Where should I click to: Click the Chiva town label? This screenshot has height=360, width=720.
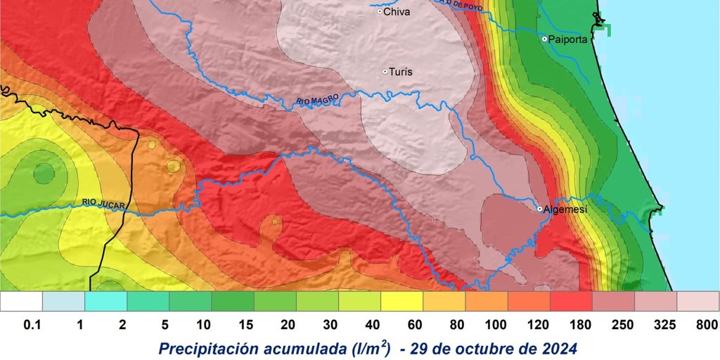pos(397,11)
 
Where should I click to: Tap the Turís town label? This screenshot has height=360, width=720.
pos(400,72)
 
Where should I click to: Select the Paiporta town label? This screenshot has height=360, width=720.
pos(568,39)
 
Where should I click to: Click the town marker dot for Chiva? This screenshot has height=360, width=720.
pos(380,11)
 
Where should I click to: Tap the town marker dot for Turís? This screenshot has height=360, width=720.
pos(385,72)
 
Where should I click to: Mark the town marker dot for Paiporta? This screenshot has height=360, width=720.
pos(544,39)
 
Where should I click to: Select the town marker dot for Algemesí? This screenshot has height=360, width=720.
pos(539,209)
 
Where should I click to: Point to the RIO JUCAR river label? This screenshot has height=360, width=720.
pos(103,204)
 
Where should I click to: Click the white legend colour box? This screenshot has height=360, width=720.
pos(21,301)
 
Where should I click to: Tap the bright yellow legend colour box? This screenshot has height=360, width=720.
pos(401,301)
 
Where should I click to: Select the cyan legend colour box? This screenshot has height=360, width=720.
pos(105,301)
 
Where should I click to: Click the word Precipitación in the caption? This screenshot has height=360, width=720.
pos(214,349)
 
